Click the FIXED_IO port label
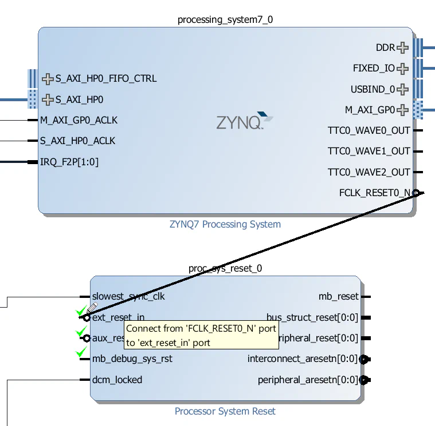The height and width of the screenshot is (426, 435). pos(374,69)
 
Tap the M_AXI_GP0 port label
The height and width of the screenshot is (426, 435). pos(370,110)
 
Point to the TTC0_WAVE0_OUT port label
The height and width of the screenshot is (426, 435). pos(369,130)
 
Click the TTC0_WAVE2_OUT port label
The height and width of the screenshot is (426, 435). pos(369,172)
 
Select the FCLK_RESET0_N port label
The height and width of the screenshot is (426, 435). pos(375,193)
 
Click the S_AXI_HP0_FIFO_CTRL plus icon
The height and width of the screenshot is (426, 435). pos(48,78)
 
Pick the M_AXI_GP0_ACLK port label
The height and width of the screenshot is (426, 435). pos(79,120)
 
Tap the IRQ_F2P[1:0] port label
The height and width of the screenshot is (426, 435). pos(69,162)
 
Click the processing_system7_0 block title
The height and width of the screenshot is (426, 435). pos(225,20)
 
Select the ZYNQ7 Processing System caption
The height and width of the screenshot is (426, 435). pos(225,224)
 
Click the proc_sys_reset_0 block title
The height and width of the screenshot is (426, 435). pos(225,269)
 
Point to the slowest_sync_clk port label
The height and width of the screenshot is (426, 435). pos(128,296)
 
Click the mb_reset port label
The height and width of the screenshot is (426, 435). pos(338,296)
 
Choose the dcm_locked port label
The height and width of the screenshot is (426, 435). pos(117,380)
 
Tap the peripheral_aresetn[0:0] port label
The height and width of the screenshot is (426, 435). pos(307,380)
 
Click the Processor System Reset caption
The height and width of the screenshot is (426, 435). pos(225,411)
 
